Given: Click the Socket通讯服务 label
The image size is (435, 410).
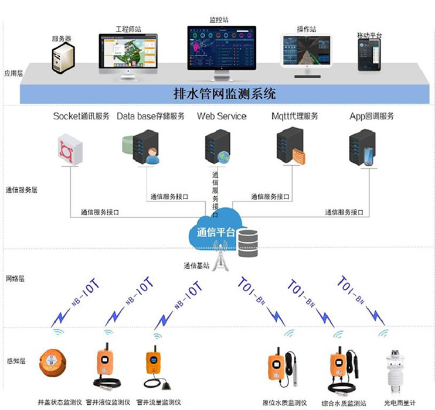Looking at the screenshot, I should pyautogui.click(x=81, y=116).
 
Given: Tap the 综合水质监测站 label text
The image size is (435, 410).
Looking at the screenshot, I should pyautogui.click(x=340, y=403).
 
